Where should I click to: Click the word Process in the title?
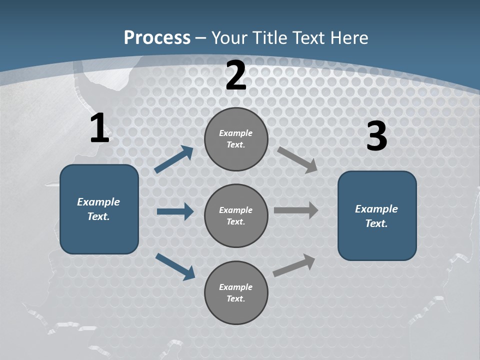[157, 38]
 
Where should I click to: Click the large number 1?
[99, 128]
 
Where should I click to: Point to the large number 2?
[236, 75]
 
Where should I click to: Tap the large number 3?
[376, 136]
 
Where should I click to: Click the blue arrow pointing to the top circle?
[173, 160]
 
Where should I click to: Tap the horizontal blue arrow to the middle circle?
[175, 211]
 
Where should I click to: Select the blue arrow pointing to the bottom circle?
[175, 266]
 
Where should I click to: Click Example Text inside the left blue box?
[98, 209]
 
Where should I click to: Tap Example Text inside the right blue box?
[376, 216]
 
